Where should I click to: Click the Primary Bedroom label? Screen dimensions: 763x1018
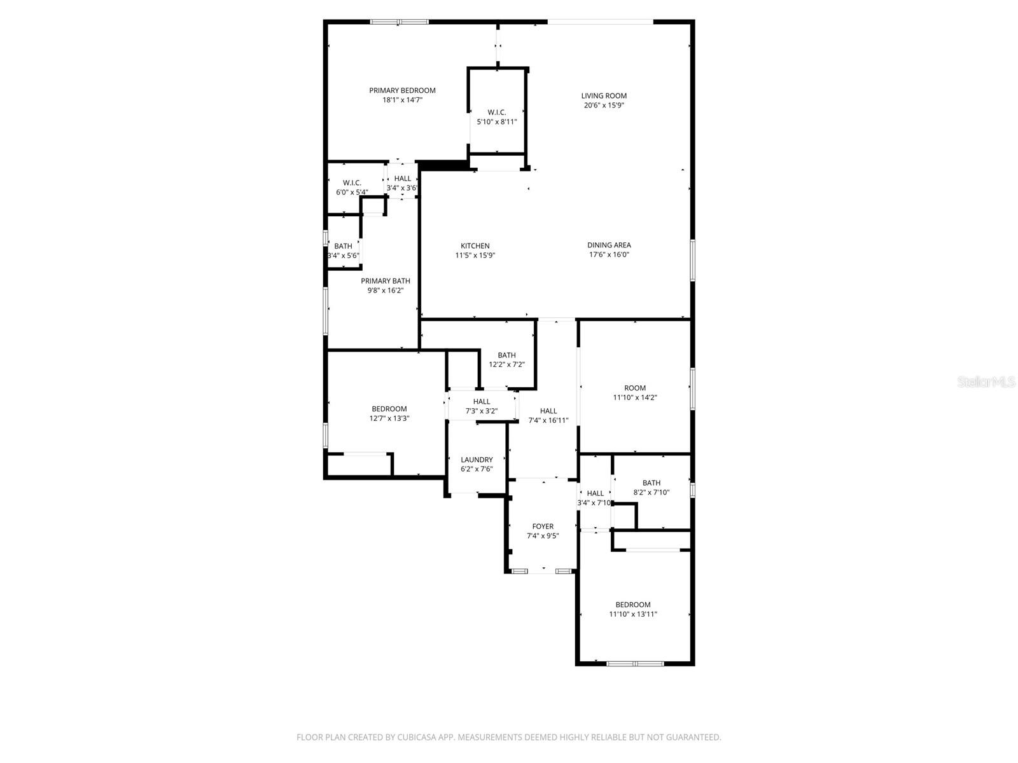coord(402,90)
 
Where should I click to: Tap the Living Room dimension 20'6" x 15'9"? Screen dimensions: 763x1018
coord(604,106)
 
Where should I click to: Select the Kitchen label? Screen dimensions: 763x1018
coord(475,246)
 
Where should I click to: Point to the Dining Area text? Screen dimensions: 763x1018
coord(609,245)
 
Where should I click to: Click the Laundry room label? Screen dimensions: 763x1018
coord(477,460)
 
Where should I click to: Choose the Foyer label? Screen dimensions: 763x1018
coord(543,526)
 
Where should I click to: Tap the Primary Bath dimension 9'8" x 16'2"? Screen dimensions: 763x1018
coord(385,291)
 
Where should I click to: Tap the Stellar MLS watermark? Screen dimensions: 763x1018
coord(986,382)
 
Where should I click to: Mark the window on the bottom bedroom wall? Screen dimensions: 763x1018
coord(635,664)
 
